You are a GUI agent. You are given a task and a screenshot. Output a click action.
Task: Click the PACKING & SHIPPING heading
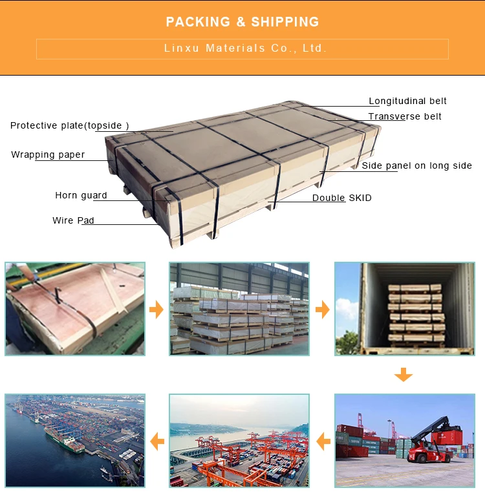click(x=242, y=22)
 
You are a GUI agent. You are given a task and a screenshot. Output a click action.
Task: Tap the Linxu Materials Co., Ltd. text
click(x=242, y=48)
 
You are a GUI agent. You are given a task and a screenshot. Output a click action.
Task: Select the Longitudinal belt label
click(x=407, y=101)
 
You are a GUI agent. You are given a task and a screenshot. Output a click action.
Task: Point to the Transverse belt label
click(x=405, y=116)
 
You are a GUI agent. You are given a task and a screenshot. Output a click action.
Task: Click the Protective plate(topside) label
click(x=70, y=125)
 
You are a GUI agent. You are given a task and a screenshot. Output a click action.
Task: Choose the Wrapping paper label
click(x=48, y=154)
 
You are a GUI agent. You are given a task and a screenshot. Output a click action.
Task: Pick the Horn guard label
click(x=81, y=195)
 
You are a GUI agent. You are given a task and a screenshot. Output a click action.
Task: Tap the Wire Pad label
click(x=73, y=220)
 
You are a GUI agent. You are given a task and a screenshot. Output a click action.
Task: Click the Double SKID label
click(x=341, y=198)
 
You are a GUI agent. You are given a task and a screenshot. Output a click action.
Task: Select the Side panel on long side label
click(x=416, y=165)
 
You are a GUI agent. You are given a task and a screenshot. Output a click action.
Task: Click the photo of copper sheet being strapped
click(x=75, y=308)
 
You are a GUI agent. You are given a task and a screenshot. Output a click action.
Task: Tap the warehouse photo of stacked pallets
click(x=239, y=308)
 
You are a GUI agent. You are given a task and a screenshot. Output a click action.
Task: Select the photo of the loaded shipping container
click(x=404, y=308)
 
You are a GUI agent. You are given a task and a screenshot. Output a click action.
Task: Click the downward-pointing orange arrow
click(x=404, y=374)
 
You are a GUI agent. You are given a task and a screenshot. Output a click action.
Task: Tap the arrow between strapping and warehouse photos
click(x=156, y=310)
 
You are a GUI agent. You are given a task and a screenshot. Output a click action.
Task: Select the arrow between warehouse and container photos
click(x=322, y=310)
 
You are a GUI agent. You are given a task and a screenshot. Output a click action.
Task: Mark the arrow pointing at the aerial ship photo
click(x=156, y=442)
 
